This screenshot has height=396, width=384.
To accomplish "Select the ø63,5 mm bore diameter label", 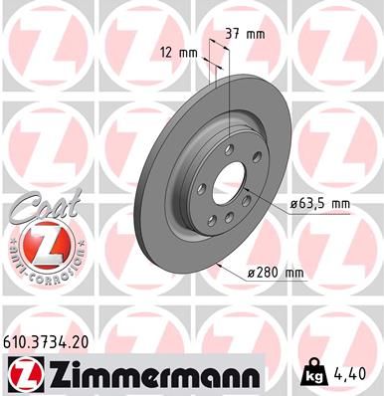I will click(320, 203).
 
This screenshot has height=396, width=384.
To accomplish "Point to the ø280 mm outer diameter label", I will click(280, 272).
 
